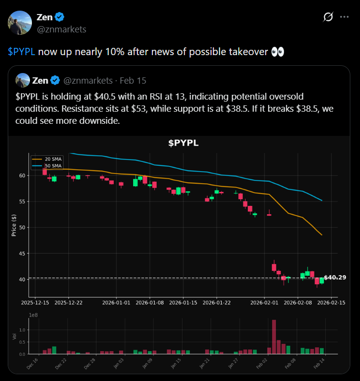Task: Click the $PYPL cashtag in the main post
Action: tap(21, 52)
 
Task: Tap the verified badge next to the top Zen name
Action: tap(60, 17)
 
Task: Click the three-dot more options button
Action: tap(344, 17)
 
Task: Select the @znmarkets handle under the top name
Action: tap(61, 29)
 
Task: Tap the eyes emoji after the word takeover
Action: tap(278, 52)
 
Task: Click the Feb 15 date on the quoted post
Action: tap(133, 80)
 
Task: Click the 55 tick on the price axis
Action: tap(22, 202)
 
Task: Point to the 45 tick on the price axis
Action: tap(22, 253)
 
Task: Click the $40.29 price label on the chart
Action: tap(335, 278)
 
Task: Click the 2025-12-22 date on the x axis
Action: tap(69, 303)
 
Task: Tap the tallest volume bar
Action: tap(274, 337)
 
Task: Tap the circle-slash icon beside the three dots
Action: tap(328, 17)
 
